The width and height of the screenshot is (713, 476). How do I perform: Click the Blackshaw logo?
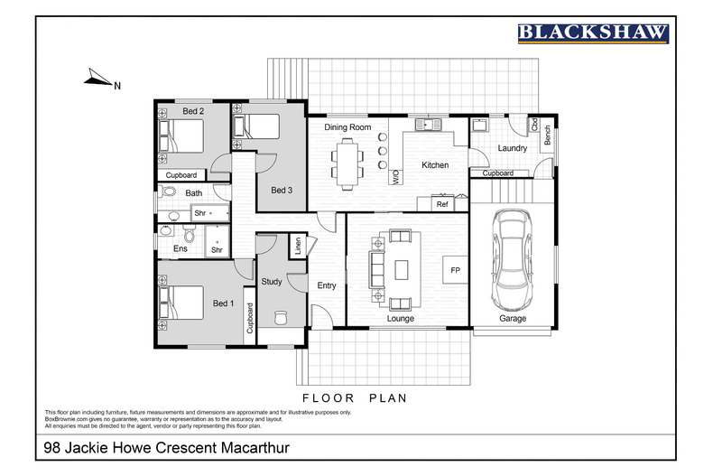pyautogui.click(x=593, y=33)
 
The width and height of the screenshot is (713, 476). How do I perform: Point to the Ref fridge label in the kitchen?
pyautogui.click(x=442, y=205)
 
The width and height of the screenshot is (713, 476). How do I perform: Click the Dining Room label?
pyautogui.click(x=348, y=128)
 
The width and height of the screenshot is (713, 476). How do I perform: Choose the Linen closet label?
pyautogui.click(x=296, y=246)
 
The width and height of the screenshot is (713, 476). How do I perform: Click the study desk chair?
pyautogui.click(x=279, y=317)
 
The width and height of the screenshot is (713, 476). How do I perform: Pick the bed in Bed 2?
pyautogui.click(x=181, y=136)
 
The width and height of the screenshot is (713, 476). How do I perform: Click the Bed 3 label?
pyautogui.click(x=282, y=190)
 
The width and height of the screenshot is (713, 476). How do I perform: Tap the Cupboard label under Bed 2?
pyautogui.click(x=182, y=175)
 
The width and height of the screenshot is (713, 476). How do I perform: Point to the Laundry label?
pyautogui.click(x=512, y=147)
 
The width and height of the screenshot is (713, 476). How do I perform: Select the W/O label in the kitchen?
pyautogui.click(x=396, y=177)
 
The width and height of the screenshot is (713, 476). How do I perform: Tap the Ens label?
pyautogui.click(x=180, y=247)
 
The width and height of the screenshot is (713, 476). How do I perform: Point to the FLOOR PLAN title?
pyautogui.click(x=355, y=397)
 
